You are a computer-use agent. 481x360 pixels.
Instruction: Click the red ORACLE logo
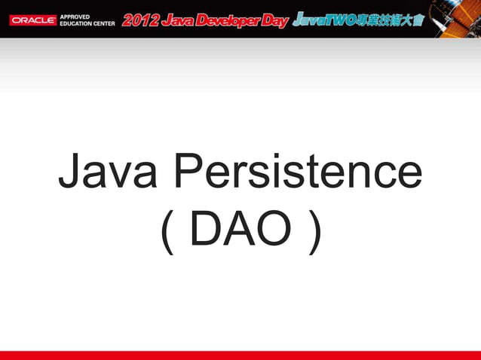coord(32,20)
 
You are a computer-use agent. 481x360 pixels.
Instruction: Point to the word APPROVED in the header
coord(75,15)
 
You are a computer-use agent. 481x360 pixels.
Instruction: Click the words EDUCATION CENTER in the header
coord(87,23)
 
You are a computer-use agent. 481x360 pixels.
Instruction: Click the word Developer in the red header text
coord(228,20)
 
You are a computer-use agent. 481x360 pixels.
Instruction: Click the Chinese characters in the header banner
coord(393,19)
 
